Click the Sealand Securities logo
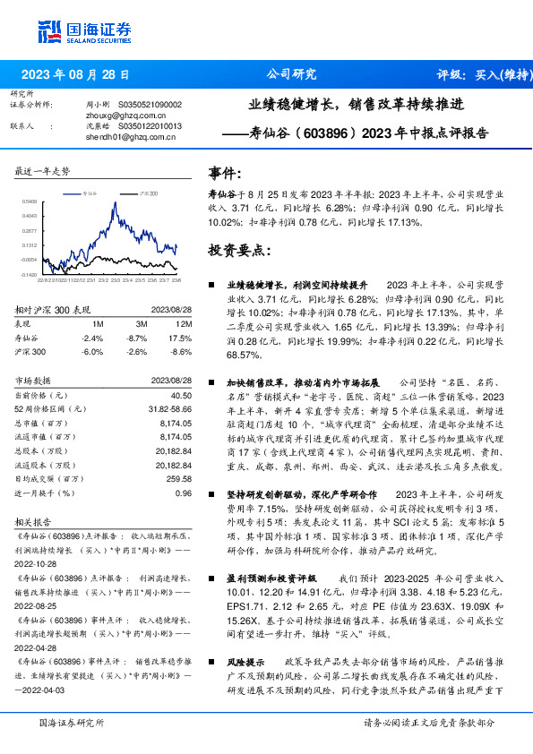[84, 33]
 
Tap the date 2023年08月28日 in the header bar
[75, 74]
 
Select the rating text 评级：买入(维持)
[472, 74]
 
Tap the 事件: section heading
[225, 173]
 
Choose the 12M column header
[184, 323]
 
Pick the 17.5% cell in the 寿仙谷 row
[181, 338]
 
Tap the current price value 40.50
[180, 395]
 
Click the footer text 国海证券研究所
[73, 722]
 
